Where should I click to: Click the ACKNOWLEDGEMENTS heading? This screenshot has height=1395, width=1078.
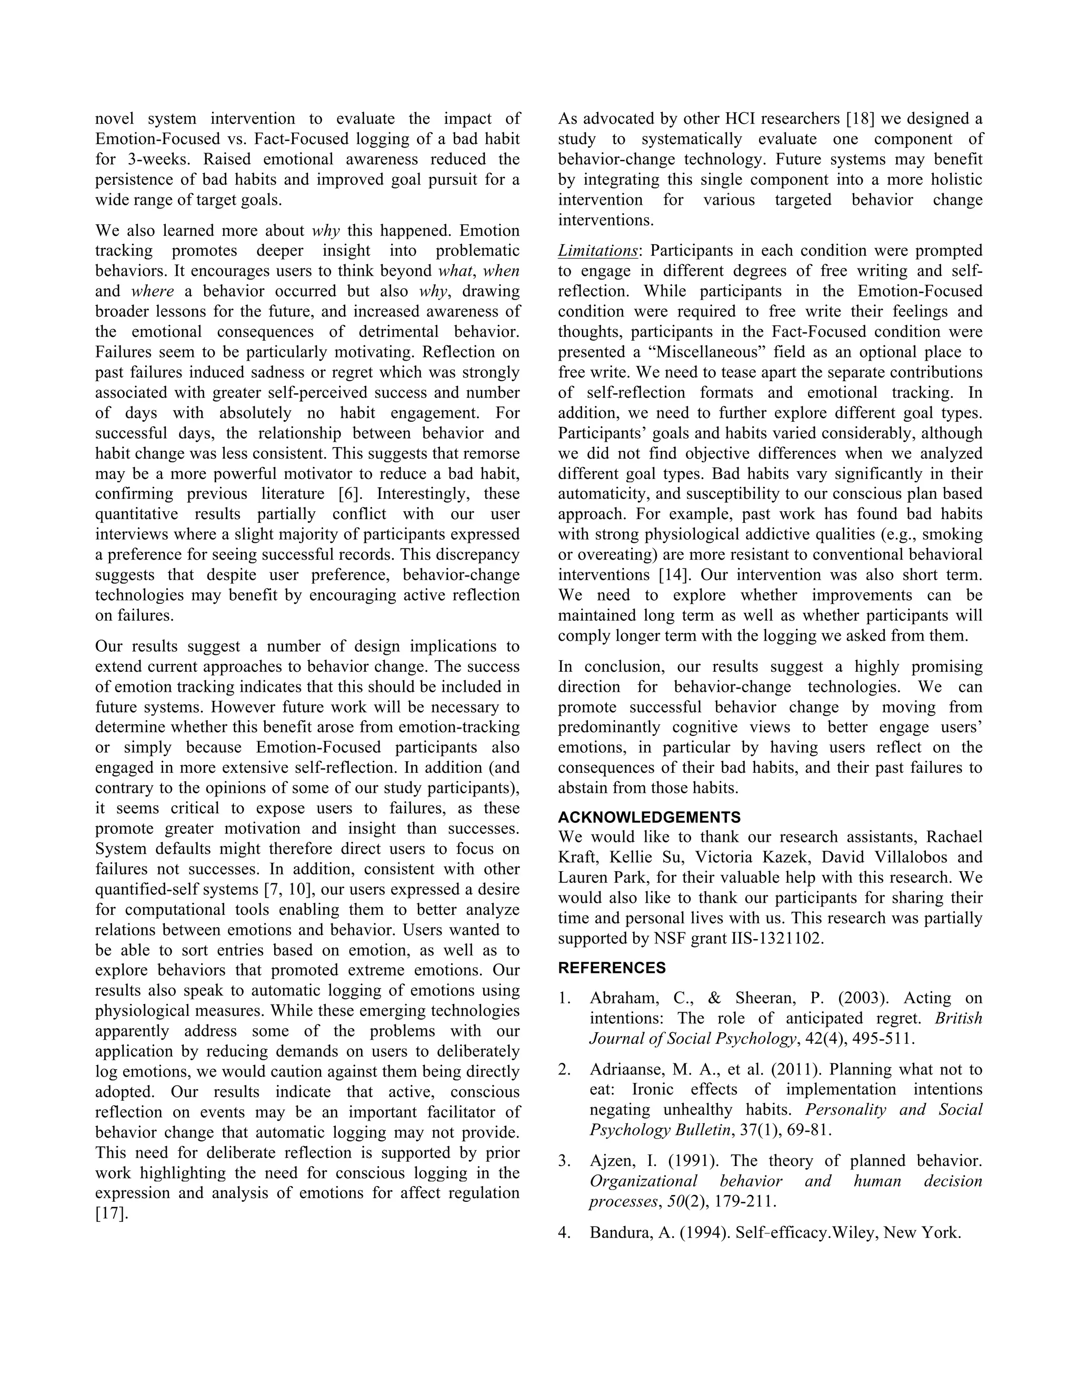pyautogui.click(x=649, y=817)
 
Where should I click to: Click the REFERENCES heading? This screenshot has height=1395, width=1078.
pyautogui.click(x=611, y=968)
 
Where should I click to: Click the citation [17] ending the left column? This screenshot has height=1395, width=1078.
pyautogui.click(x=112, y=1213)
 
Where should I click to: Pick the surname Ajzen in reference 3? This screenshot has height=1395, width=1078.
pyautogui.click(x=611, y=1161)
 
